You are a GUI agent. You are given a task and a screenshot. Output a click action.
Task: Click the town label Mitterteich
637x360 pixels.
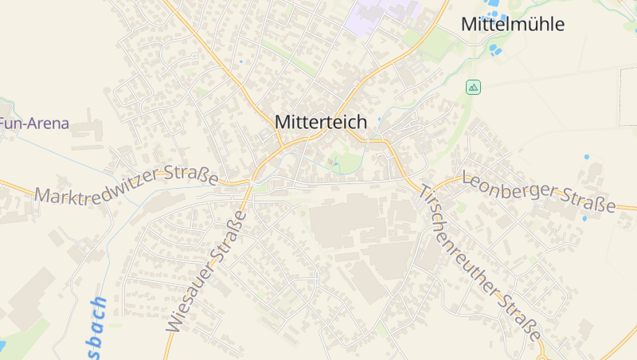tap(321, 122)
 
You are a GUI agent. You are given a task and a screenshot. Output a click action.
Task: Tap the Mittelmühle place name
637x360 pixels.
tap(513, 25)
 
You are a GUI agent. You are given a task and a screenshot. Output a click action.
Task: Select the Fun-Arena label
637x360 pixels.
tap(34, 123)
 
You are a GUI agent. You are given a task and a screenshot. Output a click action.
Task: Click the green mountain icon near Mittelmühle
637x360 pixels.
tap(474, 87)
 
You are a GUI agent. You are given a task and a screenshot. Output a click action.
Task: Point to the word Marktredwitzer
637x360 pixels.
tap(97, 186)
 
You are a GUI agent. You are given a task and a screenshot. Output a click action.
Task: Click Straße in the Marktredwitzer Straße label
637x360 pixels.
tap(191, 174)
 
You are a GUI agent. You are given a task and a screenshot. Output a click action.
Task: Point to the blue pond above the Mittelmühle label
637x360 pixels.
tap(494, 5)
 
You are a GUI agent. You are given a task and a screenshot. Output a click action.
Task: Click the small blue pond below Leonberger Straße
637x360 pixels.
tap(584, 218)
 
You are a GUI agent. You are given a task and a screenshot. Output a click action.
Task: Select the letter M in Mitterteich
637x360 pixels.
tap(283, 122)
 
